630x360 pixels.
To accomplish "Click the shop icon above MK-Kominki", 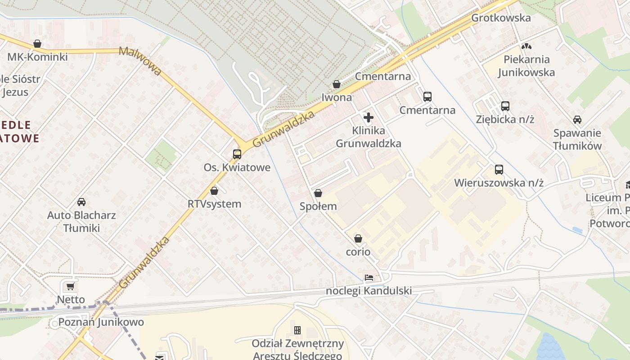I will (x=37, y=44).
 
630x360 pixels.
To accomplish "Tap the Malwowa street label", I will (x=140, y=61).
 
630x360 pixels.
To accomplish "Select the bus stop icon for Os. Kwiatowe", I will (x=237, y=154).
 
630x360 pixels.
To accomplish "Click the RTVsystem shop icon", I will (x=214, y=191).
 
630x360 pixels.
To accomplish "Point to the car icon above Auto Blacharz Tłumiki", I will (x=81, y=202).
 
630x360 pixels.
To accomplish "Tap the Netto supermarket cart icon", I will (x=70, y=286).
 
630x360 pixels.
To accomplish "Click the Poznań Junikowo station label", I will (x=101, y=322).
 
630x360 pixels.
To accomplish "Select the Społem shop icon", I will (x=318, y=193).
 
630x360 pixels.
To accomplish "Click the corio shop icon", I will (x=358, y=238).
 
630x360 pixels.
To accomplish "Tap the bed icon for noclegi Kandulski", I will (x=369, y=278).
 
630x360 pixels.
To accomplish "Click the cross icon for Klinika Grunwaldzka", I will (x=369, y=118).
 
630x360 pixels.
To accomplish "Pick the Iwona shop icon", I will (x=337, y=84).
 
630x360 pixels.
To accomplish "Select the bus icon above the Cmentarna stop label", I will (x=427, y=97).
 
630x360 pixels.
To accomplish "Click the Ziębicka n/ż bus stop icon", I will (x=505, y=106).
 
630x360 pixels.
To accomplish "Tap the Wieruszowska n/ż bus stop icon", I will (x=499, y=170).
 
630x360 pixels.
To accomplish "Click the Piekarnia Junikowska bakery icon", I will (x=526, y=46).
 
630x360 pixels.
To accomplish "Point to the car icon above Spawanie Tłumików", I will (x=577, y=120).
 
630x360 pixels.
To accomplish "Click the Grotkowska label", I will (x=501, y=18).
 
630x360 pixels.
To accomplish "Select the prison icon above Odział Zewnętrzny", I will (x=297, y=330).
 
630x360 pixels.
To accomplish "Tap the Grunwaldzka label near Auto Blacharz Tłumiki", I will (x=144, y=262).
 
